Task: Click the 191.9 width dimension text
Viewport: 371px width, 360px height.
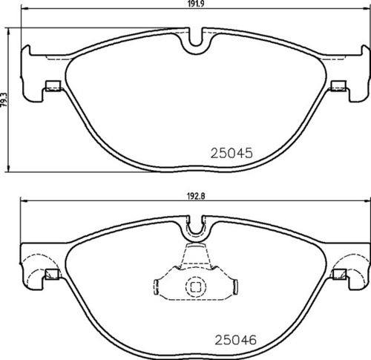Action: [195, 4]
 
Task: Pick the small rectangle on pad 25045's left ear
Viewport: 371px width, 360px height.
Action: [53, 85]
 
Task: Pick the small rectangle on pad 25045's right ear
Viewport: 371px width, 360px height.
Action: [339, 85]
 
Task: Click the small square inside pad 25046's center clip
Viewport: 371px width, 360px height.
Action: [196, 286]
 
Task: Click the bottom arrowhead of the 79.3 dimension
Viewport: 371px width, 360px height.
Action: [9, 168]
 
